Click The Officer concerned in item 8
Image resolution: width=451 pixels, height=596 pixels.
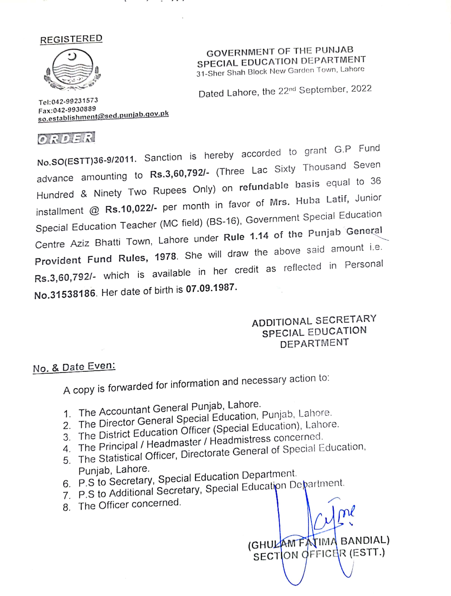[x=129, y=504]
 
